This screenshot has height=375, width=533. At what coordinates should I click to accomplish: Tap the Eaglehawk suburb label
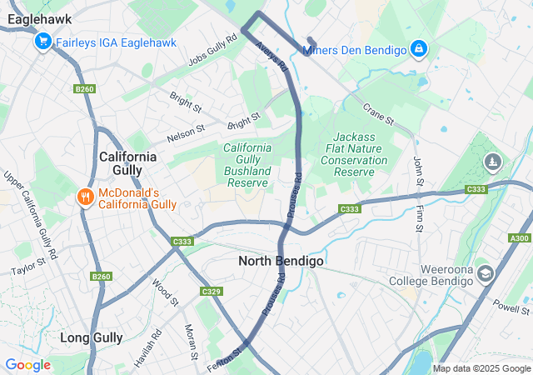pyautogui.click(x=37, y=18)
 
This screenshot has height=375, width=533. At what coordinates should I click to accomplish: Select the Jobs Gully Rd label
pyautogui.click(x=207, y=54)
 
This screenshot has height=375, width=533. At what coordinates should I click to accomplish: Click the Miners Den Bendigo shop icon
pyautogui.click(x=419, y=50)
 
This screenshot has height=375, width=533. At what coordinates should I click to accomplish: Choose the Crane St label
pyautogui.click(x=376, y=111)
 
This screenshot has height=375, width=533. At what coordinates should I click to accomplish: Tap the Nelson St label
pyautogui.click(x=186, y=132)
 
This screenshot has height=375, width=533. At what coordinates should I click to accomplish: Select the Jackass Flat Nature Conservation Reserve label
pyautogui.click(x=354, y=153)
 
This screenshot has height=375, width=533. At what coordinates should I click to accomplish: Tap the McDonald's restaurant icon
pyautogui.click(x=84, y=197)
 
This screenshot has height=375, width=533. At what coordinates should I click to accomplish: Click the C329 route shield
pyautogui.click(x=211, y=291)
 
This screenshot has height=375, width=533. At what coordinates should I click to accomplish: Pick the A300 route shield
pyautogui.click(x=519, y=239)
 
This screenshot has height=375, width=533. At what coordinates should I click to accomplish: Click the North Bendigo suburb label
pyautogui.click(x=281, y=261)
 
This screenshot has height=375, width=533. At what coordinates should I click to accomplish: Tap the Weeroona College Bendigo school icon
pyautogui.click(x=486, y=273)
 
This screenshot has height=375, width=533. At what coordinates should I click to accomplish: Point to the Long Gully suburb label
pyautogui.click(x=92, y=337)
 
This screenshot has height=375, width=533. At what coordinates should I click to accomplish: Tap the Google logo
pyautogui.click(x=28, y=365)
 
